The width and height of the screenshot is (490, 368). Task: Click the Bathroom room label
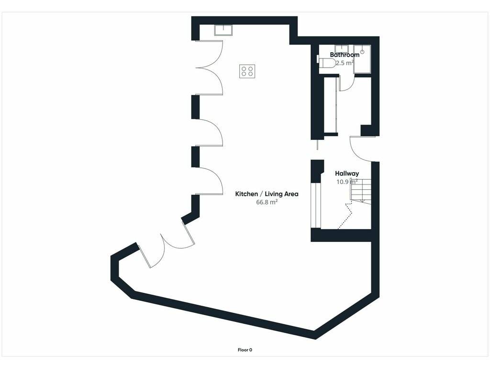click(x=345, y=55)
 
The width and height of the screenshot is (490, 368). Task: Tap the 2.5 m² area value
click(x=345, y=63)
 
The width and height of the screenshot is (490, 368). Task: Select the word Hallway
click(x=347, y=173)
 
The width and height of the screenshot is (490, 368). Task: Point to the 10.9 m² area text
click(x=347, y=182)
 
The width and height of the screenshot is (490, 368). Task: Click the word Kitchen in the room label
click(x=246, y=194)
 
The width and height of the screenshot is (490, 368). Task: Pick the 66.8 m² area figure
click(x=267, y=202)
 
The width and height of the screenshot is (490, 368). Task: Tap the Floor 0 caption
click(x=245, y=350)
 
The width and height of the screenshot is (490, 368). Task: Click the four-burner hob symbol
click(x=247, y=71)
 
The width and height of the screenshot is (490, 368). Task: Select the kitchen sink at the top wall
click(x=223, y=30)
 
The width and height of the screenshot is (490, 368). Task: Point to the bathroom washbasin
click(x=342, y=49)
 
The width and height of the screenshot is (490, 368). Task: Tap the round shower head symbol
click(x=363, y=51)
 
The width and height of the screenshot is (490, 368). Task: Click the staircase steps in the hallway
click(x=361, y=191)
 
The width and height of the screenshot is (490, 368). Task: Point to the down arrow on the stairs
click(x=363, y=200)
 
